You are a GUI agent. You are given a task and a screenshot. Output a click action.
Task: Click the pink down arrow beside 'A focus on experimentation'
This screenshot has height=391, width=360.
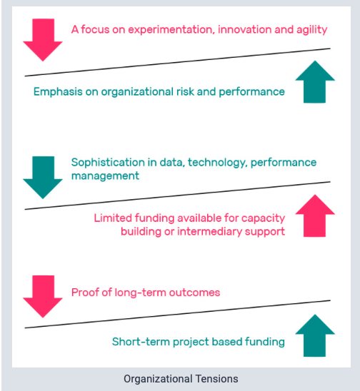(x=43, y=40)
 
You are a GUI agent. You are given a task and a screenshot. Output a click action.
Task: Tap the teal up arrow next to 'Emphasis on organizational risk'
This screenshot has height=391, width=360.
(x=315, y=81)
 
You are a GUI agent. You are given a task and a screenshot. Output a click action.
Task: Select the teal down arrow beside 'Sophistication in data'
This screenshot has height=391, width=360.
(x=43, y=178)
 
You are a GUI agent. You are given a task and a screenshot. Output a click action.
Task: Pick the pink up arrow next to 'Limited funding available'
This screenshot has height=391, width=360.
(x=315, y=215)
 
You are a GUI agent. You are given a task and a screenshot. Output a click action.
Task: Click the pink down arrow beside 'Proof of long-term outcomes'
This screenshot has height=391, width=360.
(x=43, y=297)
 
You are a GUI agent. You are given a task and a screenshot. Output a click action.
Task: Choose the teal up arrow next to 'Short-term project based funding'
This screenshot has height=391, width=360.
(x=315, y=335)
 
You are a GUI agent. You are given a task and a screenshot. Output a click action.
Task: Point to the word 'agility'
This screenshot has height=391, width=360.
(x=312, y=30)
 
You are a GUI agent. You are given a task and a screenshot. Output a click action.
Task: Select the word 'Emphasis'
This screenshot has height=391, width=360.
(x=58, y=92)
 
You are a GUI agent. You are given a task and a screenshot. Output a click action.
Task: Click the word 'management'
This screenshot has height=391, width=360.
(x=105, y=176)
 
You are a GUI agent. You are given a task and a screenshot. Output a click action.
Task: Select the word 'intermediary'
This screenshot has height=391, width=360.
(x=209, y=232)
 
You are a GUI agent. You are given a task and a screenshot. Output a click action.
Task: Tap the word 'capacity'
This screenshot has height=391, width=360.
(x=263, y=218)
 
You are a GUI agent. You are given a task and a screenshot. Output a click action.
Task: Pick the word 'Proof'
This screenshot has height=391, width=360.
(x=85, y=293)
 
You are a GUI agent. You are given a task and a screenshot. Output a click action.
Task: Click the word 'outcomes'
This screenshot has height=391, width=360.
(x=194, y=293)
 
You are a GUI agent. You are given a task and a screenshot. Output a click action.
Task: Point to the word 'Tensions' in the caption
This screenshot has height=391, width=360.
(x=216, y=379)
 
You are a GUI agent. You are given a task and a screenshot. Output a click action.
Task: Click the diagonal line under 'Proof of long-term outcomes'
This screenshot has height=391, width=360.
(x=178, y=314)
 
